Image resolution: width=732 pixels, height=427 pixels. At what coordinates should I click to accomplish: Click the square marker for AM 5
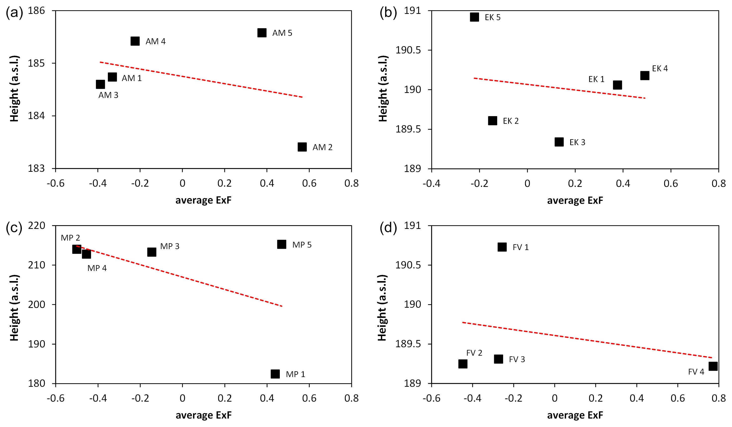pos(262,33)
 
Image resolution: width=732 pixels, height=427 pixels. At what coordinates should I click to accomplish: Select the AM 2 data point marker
pos(302,147)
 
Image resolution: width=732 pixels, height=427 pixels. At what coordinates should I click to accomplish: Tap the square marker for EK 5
pos(474,17)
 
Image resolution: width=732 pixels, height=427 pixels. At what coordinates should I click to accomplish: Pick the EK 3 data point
pos(559,142)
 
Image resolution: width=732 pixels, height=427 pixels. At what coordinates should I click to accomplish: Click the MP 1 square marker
pos(275,374)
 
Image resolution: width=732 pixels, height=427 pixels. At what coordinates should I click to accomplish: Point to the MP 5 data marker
pos(282,244)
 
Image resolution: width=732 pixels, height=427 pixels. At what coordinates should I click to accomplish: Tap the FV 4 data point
pos(713,366)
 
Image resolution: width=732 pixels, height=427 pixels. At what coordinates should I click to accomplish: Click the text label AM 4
pos(155,42)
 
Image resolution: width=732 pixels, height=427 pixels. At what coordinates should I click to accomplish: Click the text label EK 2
pos(511,121)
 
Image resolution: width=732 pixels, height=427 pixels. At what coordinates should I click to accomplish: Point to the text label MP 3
pos(170,246)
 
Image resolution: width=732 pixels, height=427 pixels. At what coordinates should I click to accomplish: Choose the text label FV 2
pos(474,353)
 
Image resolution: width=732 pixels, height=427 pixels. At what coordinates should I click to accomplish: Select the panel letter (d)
pos(388,228)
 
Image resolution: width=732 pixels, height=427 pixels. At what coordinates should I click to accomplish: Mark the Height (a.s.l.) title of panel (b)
pos(383,88)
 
